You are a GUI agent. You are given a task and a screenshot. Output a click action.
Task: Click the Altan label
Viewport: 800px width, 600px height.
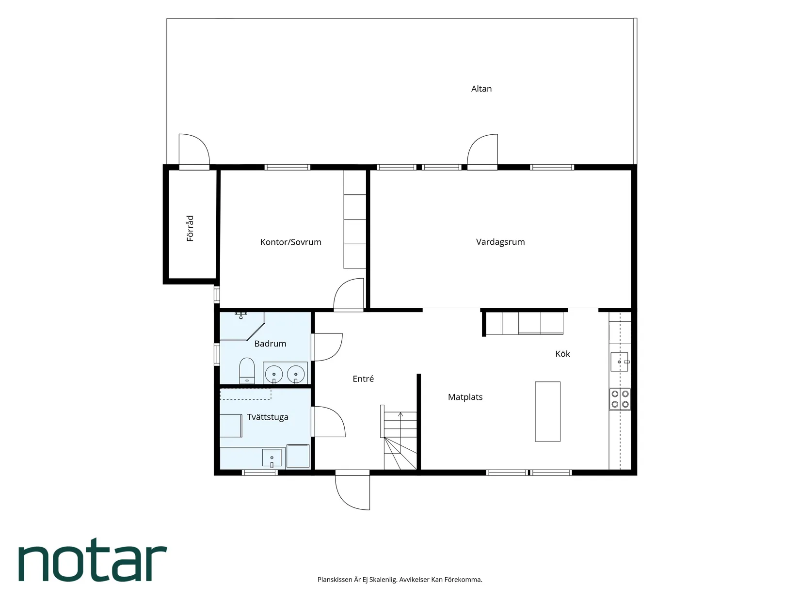click(481, 89)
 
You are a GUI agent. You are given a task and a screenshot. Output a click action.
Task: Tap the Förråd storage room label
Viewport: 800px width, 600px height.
click(190, 228)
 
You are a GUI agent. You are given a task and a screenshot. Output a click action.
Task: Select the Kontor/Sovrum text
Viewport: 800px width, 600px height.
click(290, 242)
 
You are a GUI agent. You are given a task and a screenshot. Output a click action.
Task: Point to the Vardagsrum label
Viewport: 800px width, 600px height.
click(500, 242)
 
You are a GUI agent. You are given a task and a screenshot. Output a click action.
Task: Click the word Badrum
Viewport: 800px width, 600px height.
click(270, 344)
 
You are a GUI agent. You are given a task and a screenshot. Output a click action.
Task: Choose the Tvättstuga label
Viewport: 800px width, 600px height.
click(268, 417)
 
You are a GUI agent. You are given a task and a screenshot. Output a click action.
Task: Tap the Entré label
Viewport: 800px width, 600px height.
click(363, 379)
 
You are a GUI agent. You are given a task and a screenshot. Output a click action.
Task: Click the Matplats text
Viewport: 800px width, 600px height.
click(465, 397)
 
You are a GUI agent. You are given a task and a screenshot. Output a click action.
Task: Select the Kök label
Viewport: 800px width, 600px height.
click(562, 354)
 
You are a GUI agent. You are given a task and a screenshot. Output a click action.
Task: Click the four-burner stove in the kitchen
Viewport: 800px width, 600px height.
click(620, 399)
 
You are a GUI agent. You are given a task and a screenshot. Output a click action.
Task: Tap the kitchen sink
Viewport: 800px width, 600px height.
click(619, 362)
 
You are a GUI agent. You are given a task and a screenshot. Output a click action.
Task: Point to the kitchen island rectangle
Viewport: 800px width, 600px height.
click(547, 411)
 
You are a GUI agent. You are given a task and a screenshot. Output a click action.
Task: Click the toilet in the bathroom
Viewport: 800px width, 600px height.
click(247, 370)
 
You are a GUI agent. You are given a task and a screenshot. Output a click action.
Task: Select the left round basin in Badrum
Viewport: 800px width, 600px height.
click(274, 374)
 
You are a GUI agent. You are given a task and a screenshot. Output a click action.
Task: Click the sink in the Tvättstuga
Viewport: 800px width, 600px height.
click(272, 458)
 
